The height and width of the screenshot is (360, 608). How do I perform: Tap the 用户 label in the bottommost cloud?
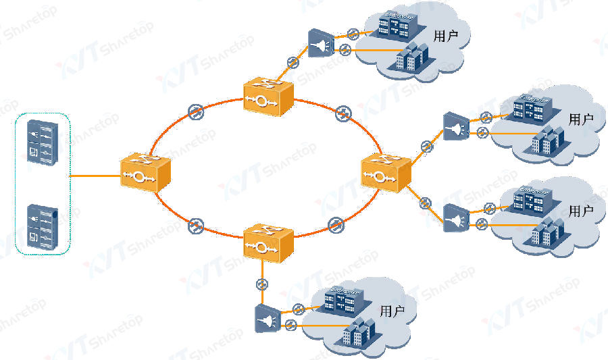tap(392, 311)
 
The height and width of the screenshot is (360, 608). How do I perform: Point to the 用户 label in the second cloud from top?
tap(581, 120)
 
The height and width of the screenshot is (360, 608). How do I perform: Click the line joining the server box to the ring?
tap(95, 176)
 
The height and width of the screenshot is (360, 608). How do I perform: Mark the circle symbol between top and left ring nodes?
tap(194, 111)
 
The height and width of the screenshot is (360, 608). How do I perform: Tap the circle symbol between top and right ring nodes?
tap(343, 112)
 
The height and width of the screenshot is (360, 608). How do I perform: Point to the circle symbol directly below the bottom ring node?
tap(261, 284)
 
